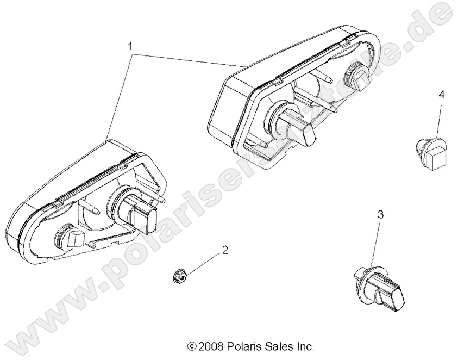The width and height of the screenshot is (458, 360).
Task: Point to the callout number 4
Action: (441, 95)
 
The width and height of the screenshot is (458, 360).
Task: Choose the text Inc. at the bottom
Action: (305, 346)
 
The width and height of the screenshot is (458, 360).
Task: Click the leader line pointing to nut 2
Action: (200, 264)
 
